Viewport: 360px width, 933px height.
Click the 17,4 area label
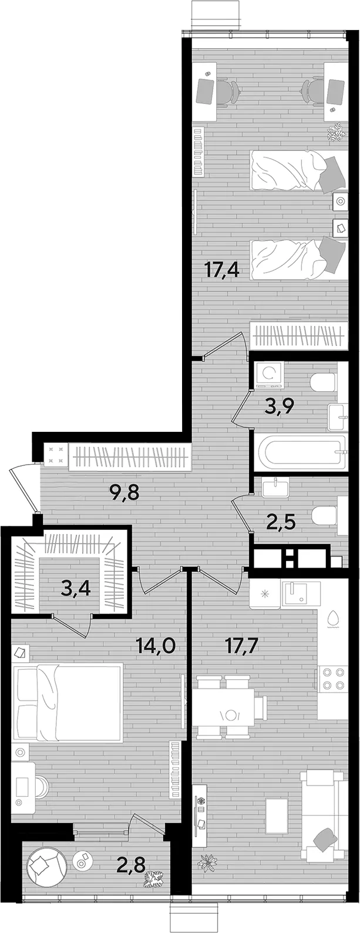[222, 270]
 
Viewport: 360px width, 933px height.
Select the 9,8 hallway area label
[123, 494]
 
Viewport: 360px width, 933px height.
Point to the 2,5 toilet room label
[281, 522]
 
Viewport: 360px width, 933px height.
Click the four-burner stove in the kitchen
[332, 679]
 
